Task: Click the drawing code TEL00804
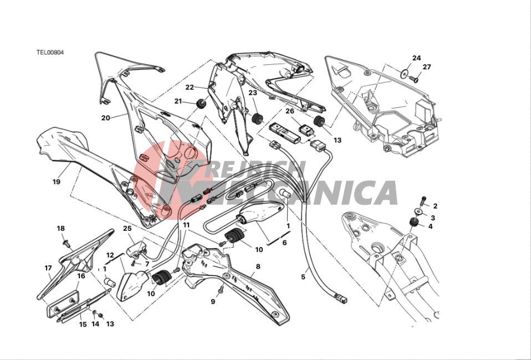[x=50, y=53]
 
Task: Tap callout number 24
[x=416, y=58]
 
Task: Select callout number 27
[x=427, y=67]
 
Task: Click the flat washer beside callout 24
[x=404, y=74]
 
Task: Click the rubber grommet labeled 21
[x=201, y=104]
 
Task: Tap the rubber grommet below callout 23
[x=257, y=119]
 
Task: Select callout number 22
[x=190, y=88]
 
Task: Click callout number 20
[x=106, y=118]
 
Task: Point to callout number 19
[x=57, y=182]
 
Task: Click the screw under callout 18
[x=66, y=243]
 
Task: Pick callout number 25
[x=127, y=228]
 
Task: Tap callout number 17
[x=48, y=268]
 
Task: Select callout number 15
[x=83, y=325]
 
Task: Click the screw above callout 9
[x=222, y=290]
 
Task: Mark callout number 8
[x=258, y=266]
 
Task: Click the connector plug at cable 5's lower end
[x=341, y=299]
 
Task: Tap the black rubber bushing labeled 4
[x=413, y=222]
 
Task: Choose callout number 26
[x=289, y=111]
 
